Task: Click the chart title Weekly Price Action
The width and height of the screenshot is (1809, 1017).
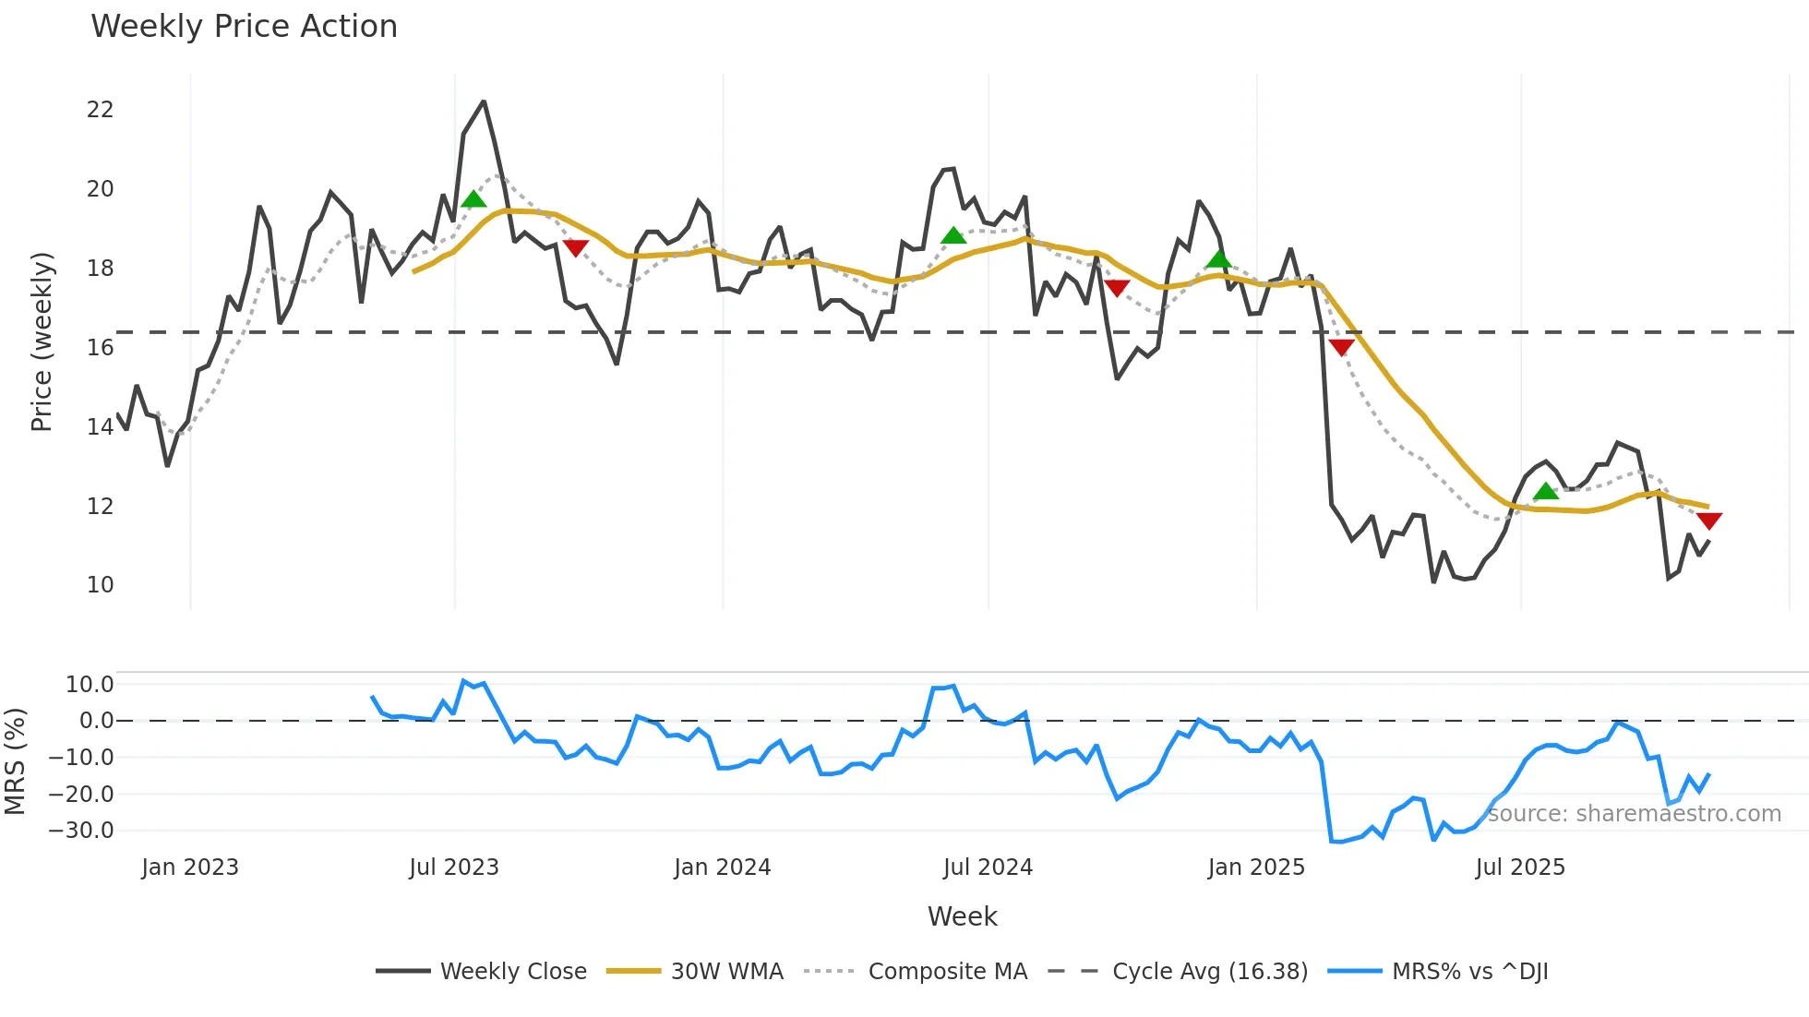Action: tap(244, 27)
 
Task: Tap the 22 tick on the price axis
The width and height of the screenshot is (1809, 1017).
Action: tap(100, 110)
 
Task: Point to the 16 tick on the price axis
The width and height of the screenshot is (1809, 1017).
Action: tap(100, 348)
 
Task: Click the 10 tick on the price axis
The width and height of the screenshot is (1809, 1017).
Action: tap(100, 585)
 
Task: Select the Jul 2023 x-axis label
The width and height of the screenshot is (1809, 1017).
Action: tap(453, 867)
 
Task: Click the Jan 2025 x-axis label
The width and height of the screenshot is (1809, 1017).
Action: tap(1255, 867)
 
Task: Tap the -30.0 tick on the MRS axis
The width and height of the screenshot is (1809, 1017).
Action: tap(81, 831)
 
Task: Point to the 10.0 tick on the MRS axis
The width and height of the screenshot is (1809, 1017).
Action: tap(90, 685)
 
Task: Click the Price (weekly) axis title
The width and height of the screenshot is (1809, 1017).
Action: tap(42, 341)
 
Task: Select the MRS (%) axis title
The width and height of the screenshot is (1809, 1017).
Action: tap(15, 761)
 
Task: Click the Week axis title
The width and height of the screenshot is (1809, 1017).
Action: tap(962, 916)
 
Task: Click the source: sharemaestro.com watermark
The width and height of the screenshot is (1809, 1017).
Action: tap(1634, 814)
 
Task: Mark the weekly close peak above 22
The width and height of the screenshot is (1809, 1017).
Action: tap(483, 102)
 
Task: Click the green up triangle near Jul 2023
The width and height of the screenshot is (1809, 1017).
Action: tap(473, 199)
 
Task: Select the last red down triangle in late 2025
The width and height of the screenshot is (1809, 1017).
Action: tap(1708, 521)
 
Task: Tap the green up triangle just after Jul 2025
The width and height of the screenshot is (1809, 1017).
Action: tap(1545, 491)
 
